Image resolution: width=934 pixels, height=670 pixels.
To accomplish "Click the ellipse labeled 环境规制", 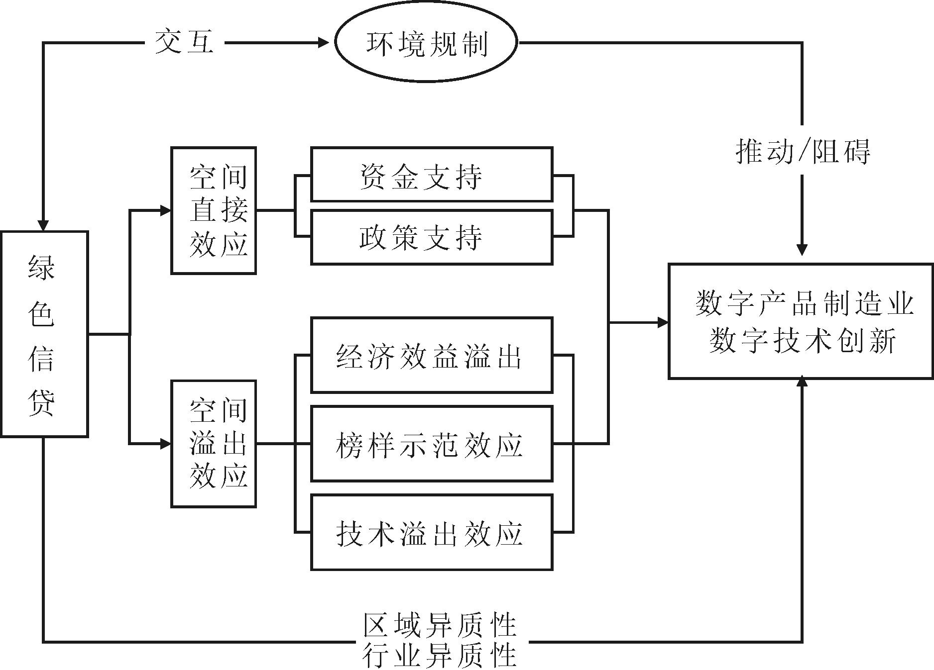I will point(426,43).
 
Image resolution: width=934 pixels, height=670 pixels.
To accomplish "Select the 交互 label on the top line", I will point(185,42).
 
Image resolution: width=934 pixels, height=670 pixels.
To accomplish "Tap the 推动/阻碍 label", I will point(803,151).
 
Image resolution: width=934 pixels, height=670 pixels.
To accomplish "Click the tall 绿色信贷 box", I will point(44,334).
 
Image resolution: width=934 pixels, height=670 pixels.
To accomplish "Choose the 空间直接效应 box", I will point(214,210).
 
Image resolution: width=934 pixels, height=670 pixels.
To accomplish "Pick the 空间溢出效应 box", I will point(214,444).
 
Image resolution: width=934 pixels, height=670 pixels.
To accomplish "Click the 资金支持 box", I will point(432,175).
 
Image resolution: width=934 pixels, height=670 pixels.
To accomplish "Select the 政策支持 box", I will point(432,237).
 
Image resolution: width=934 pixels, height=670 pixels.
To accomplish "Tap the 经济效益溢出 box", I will point(432,355).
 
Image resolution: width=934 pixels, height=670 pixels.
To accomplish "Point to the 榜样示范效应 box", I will point(432,444).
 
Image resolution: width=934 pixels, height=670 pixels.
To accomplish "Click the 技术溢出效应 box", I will point(432,532).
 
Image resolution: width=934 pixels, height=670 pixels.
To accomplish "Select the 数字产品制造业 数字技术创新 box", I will point(801,321).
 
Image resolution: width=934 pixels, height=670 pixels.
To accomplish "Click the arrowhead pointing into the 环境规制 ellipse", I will point(324,43).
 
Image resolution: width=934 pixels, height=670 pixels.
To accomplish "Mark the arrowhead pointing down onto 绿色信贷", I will point(43,225).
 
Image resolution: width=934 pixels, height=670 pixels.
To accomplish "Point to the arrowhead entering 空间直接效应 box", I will point(165,210).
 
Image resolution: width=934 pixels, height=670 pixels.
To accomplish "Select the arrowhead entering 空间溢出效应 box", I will point(165,444).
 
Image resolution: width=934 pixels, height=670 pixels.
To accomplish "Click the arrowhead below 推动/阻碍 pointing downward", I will point(802,249).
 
